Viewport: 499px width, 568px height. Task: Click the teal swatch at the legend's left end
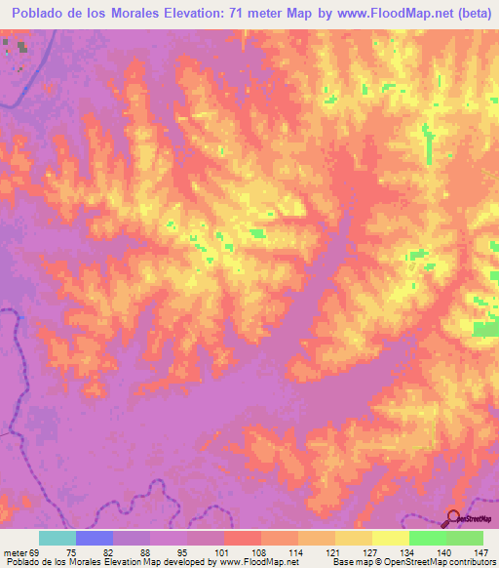(x=58, y=538)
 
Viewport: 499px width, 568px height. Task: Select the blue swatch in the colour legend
(x=95, y=538)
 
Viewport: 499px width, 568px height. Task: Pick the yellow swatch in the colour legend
(x=391, y=538)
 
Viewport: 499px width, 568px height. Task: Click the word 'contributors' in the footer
(x=472, y=562)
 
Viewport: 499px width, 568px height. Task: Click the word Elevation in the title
(x=190, y=13)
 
